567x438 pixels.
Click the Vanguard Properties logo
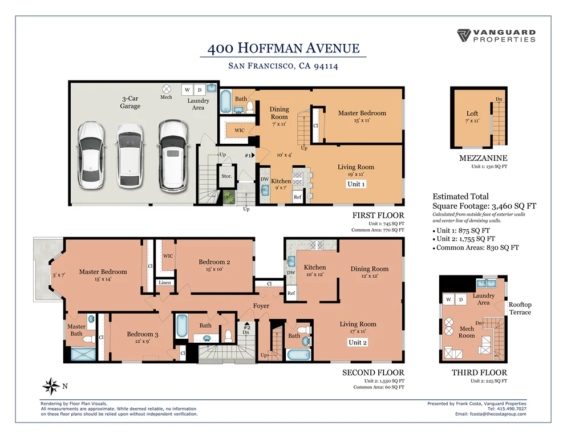tap(496, 35)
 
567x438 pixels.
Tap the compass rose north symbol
tap(51, 386)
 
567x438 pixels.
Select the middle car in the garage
tap(130, 156)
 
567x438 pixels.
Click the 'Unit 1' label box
tap(356, 184)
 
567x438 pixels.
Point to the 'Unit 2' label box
tap(358, 342)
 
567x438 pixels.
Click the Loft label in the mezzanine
tap(472, 113)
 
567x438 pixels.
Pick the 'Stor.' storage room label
tap(226, 176)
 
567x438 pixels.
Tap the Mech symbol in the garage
tap(167, 89)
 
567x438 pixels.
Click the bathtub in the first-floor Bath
tap(226, 102)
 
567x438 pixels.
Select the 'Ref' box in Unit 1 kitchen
tap(298, 197)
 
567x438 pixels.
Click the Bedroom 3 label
tap(143, 334)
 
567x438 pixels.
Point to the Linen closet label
tap(165, 282)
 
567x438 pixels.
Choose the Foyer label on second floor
tap(261, 306)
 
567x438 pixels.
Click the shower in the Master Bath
tap(83, 354)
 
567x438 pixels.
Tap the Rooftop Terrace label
tap(520, 309)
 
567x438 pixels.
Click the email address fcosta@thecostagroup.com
tap(498, 414)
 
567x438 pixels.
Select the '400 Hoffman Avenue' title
tap(283, 48)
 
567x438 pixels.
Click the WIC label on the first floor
tap(240, 130)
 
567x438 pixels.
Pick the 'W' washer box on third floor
tap(448, 299)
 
